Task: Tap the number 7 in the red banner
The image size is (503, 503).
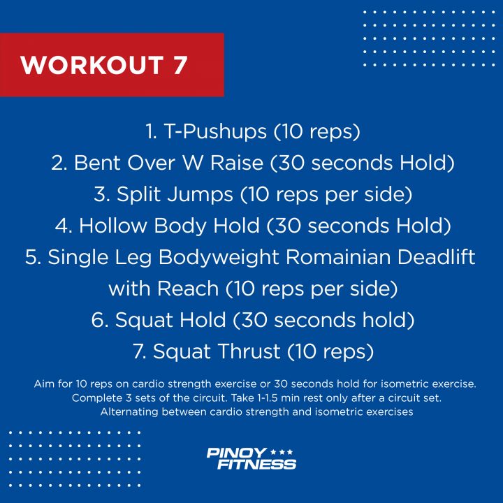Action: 180,66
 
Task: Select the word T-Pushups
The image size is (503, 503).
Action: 215,132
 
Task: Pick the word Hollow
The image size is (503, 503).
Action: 113,225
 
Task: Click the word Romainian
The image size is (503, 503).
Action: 338,256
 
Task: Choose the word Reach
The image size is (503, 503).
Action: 188,288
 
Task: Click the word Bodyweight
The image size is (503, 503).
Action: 219,258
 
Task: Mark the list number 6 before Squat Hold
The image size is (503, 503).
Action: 99,319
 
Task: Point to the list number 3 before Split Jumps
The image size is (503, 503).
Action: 101,194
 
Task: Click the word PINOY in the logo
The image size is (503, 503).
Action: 237,453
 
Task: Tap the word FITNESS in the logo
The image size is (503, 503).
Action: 256,464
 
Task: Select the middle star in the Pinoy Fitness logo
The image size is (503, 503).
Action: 282,452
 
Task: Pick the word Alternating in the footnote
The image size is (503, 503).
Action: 129,412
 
